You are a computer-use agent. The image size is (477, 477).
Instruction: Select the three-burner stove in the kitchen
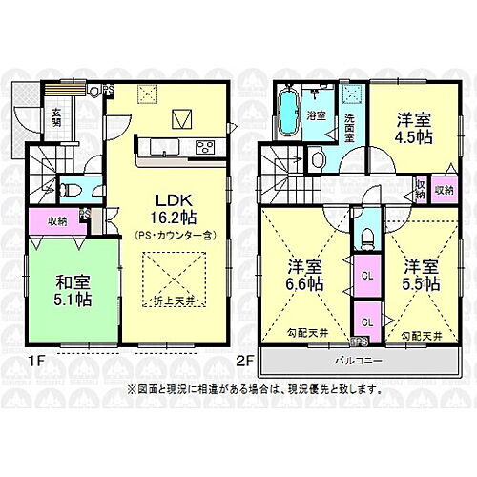[206, 146]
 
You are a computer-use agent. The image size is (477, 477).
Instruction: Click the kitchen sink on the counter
[163, 146]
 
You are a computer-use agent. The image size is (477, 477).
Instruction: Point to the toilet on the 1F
[67, 187]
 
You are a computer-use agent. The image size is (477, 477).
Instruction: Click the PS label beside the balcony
[360, 342]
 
